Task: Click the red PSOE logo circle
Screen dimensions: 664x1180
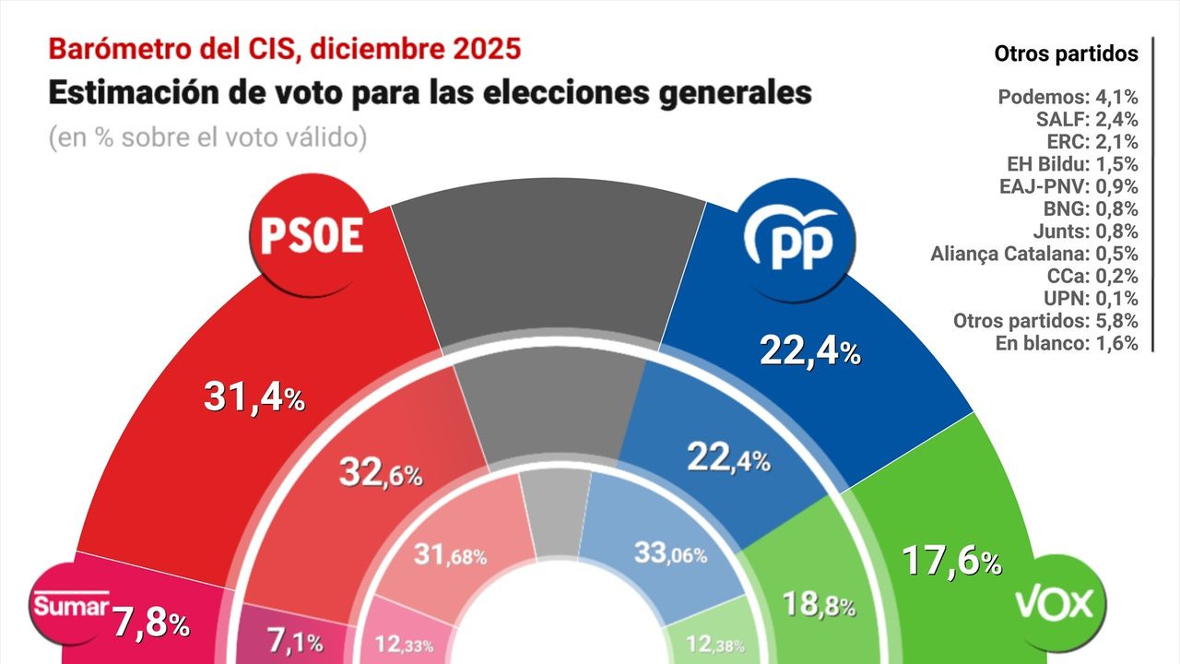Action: tap(311, 235)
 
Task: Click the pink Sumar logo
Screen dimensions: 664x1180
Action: tap(72, 606)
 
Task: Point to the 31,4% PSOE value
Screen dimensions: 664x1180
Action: tap(254, 397)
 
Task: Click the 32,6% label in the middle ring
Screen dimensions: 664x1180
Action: tap(379, 474)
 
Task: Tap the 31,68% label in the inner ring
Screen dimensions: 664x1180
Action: tap(448, 555)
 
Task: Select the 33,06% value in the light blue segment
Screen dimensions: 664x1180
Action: tap(670, 553)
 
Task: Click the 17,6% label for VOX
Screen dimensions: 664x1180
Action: tap(950, 561)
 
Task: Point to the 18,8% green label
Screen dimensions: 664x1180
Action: tap(818, 605)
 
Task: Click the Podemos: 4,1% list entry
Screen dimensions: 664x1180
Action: tap(1068, 97)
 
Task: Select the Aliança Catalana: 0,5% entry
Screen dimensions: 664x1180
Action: tap(1034, 254)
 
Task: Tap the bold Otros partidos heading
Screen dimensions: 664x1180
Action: tap(1066, 54)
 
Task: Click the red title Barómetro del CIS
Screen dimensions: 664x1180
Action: tap(284, 48)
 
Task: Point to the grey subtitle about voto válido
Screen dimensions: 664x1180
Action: tap(207, 137)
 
